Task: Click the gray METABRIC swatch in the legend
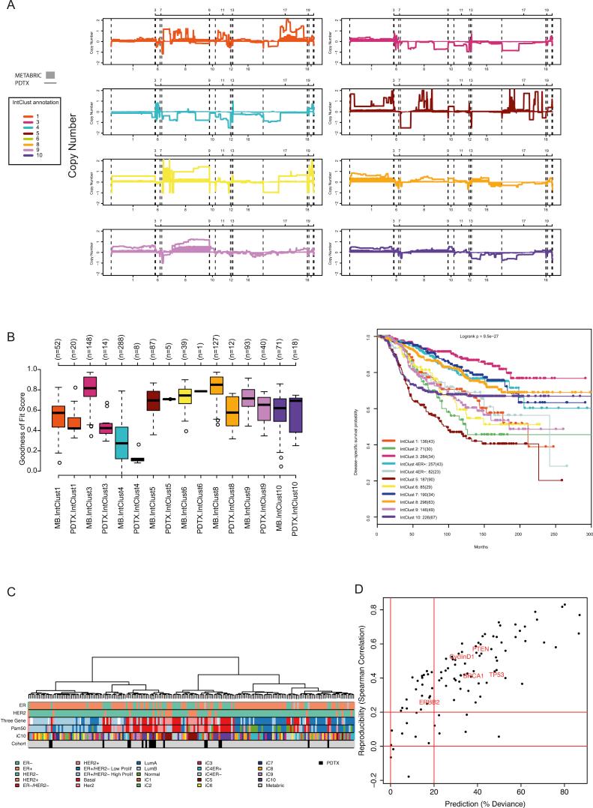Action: (x=50, y=75)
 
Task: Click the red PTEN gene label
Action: (x=481, y=648)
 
